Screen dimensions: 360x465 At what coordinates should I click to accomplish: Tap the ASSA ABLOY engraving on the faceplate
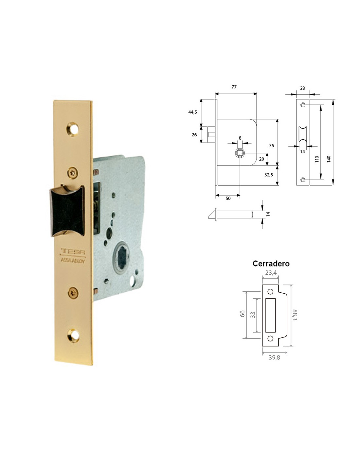73,260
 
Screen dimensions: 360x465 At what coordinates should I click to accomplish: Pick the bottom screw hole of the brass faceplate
73,335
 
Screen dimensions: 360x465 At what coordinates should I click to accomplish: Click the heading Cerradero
271,264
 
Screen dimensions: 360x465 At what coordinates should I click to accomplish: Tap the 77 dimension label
234,87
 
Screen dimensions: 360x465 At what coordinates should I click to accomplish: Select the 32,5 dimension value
269,175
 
